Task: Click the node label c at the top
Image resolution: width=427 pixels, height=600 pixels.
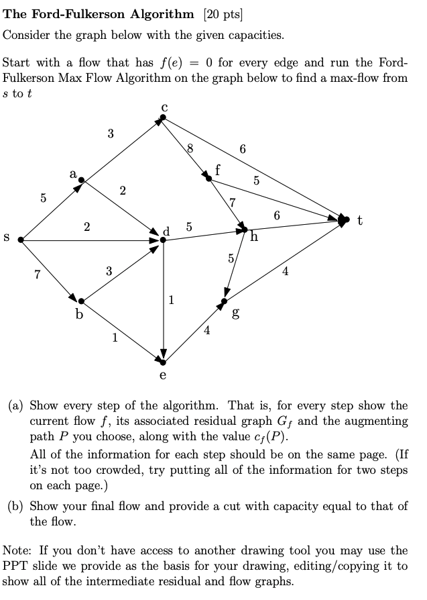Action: [x=164, y=107]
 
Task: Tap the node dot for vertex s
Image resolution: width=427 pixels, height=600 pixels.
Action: [x=21, y=240]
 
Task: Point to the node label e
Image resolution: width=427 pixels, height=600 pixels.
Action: [x=163, y=375]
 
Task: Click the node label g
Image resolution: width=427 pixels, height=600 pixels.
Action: [x=235, y=313]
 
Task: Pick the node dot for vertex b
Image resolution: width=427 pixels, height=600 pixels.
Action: [x=81, y=301]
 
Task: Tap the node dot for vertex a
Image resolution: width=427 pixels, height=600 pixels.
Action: [x=82, y=181]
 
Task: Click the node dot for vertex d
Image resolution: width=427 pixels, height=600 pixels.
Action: [x=163, y=240]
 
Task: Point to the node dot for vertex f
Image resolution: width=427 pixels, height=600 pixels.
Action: [x=209, y=178]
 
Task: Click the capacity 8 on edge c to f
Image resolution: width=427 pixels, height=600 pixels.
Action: [x=190, y=149]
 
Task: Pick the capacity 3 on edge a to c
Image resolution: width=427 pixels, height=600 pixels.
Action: [x=110, y=134]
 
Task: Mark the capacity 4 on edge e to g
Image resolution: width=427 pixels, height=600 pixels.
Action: [x=207, y=330]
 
